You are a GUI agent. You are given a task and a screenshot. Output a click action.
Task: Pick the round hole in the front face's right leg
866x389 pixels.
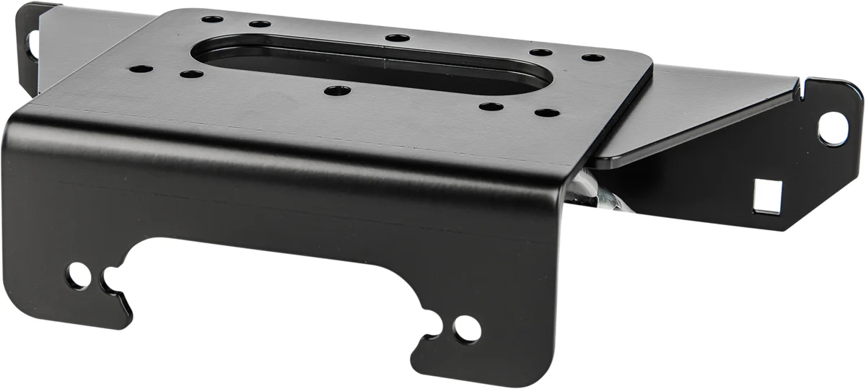coord(468,328)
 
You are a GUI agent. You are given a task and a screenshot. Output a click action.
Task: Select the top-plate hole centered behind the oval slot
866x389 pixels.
coord(397,38)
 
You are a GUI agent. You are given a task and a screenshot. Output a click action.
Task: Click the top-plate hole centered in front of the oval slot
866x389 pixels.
coord(337,91)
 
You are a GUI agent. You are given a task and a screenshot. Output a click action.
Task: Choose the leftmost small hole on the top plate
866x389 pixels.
coord(141,70)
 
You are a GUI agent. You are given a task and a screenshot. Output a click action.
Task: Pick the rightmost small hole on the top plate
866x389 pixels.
coord(592,58)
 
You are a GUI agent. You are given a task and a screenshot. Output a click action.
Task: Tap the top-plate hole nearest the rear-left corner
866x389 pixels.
coord(211,19)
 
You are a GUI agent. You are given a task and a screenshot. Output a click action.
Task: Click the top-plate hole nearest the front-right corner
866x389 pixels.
coord(548,113)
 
